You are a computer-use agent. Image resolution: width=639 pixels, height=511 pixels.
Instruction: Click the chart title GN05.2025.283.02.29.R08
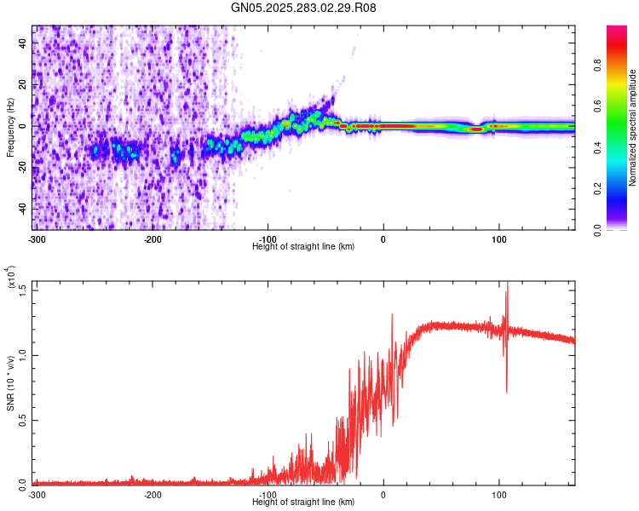[304, 8]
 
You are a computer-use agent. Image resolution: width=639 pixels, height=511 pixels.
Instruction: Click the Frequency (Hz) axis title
[10, 128]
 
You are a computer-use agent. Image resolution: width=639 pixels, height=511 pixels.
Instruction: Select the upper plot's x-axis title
[303, 246]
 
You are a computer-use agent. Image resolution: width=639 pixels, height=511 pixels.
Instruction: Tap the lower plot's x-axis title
[303, 502]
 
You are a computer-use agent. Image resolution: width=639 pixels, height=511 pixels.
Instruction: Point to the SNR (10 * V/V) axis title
[10, 383]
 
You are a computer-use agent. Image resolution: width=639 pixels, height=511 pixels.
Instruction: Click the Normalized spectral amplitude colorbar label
[633, 128]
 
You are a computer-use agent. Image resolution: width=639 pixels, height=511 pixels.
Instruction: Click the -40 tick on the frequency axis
[20, 209]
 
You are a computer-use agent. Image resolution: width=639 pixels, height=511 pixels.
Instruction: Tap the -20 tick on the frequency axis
[20, 167]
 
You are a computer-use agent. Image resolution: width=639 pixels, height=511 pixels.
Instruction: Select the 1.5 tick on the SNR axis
[22, 290]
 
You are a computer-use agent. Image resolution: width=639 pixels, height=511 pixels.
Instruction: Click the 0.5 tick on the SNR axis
[22, 420]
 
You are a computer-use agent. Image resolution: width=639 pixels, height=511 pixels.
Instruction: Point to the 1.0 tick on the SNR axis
[22, 355]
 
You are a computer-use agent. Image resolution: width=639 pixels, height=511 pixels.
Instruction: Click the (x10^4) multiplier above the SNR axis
[12, 278]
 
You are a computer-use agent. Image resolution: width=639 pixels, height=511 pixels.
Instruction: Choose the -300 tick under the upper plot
[37, 238]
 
